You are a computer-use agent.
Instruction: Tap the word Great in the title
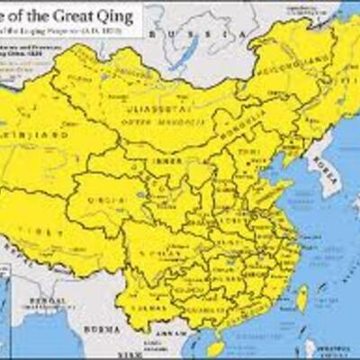coord(71,15)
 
